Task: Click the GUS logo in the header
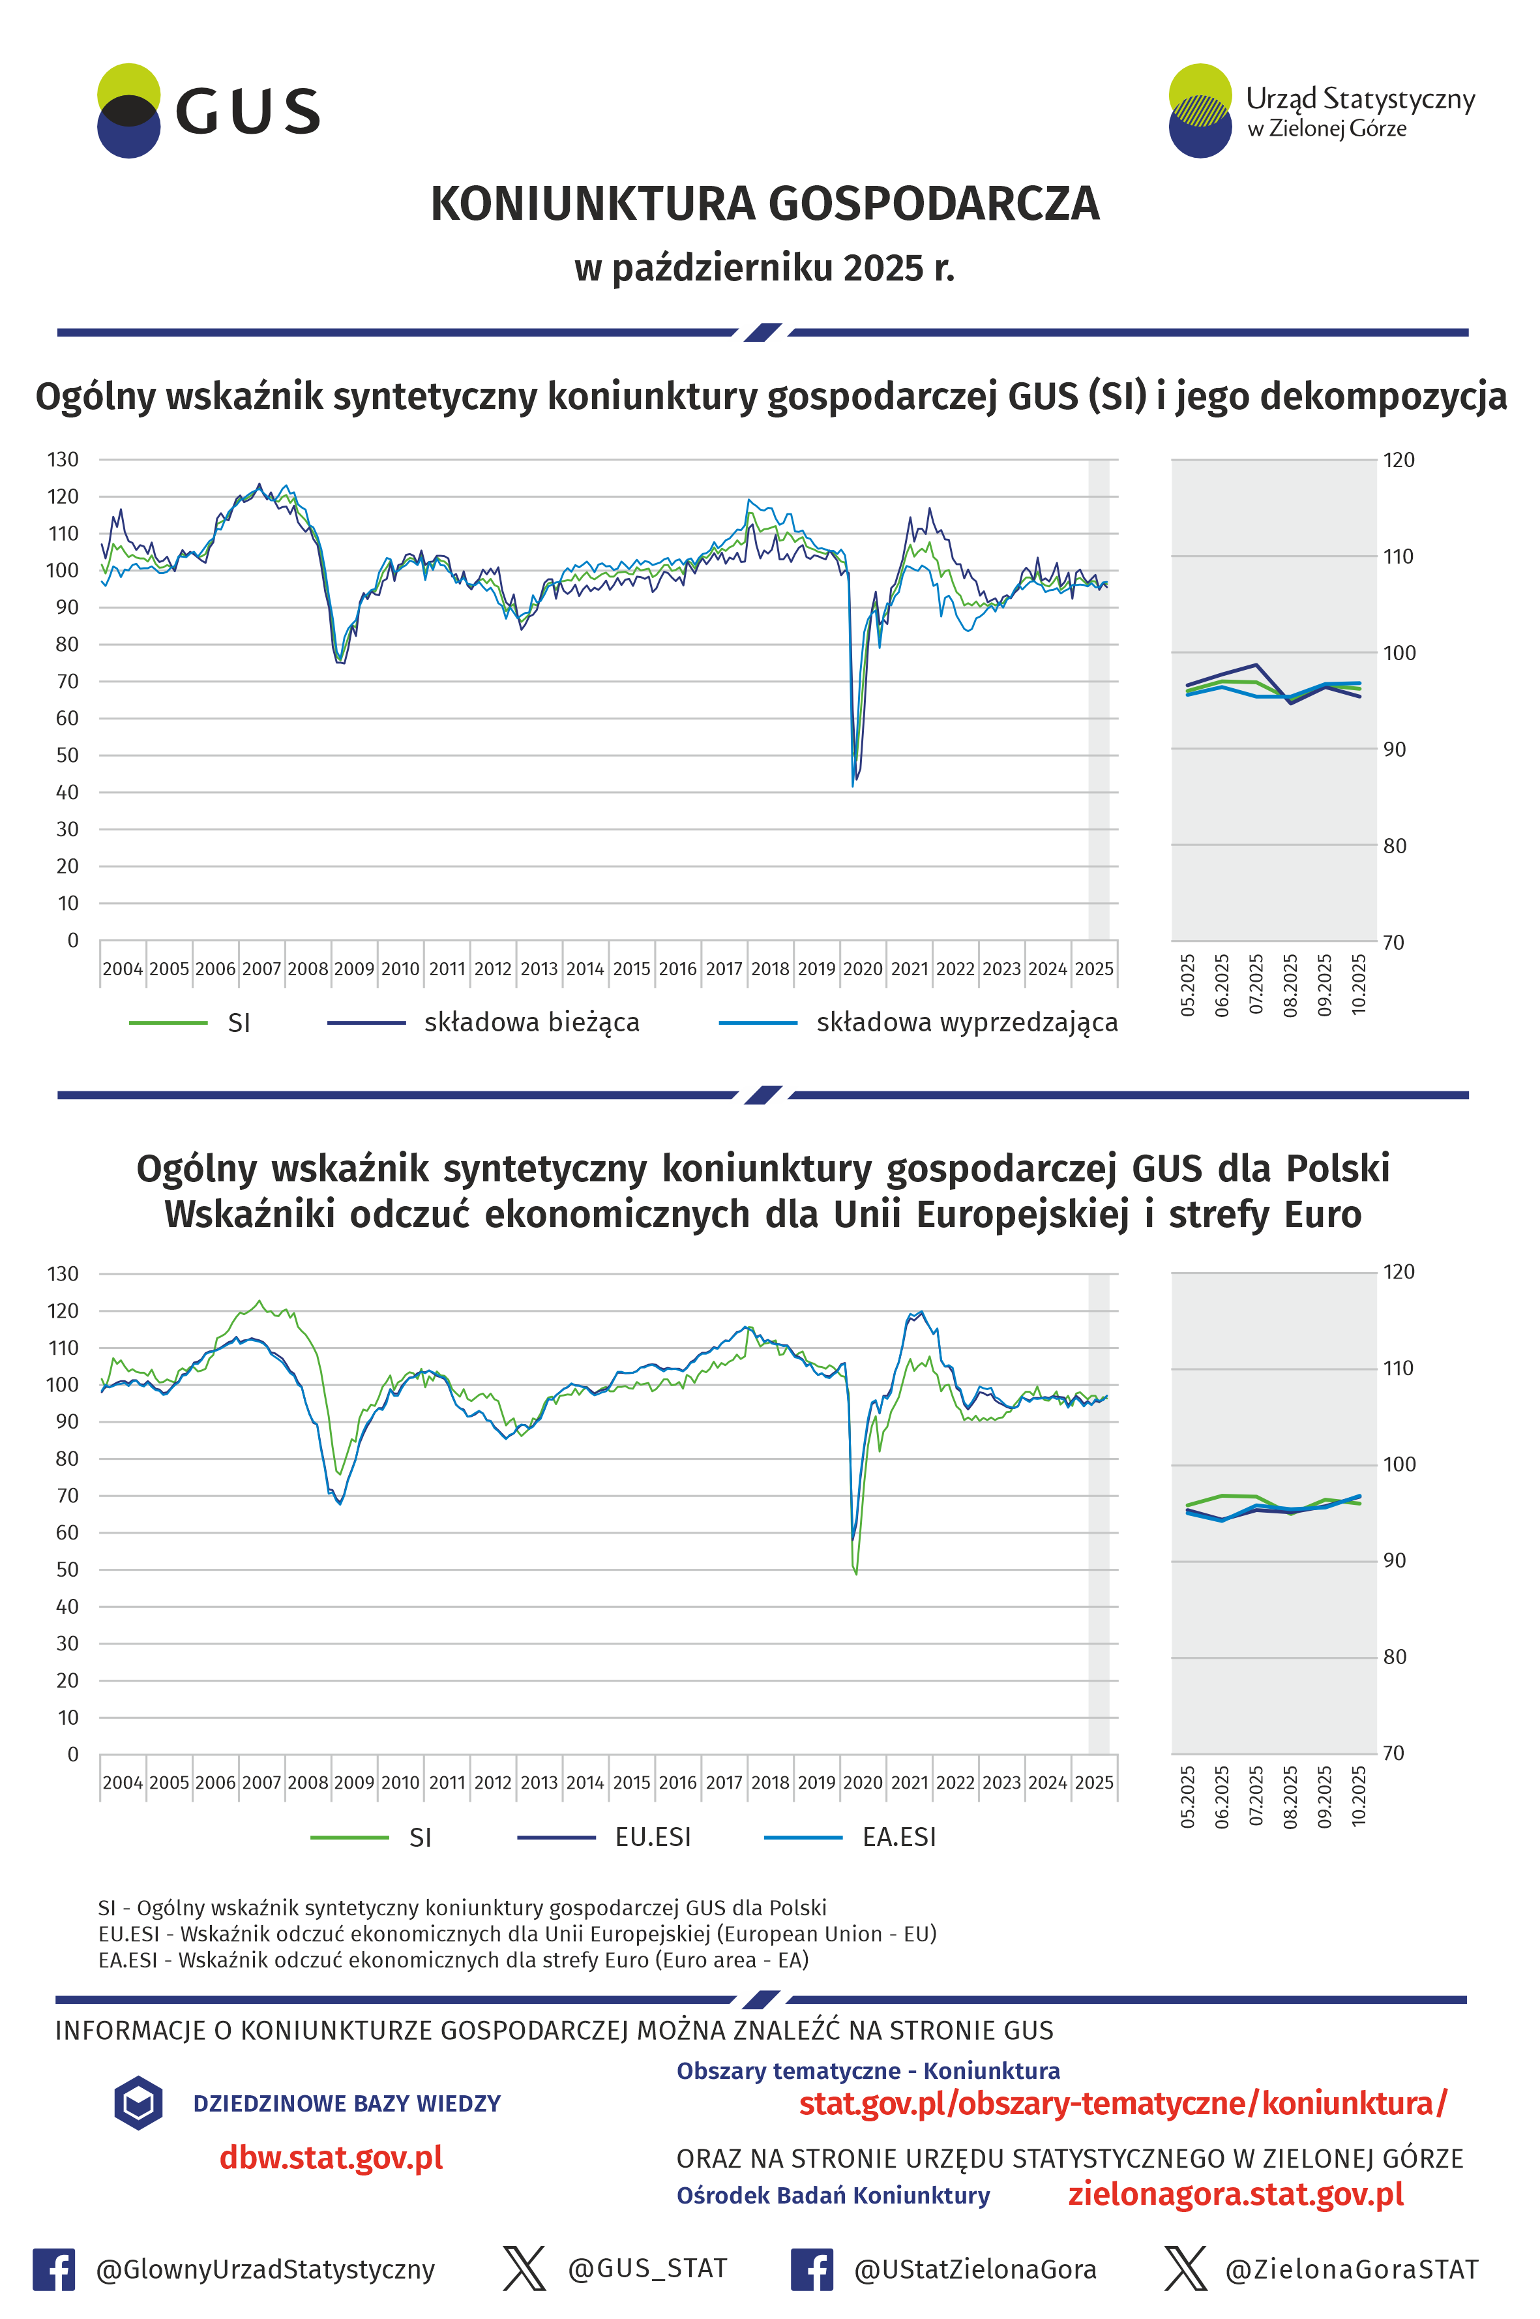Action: pos(208,111)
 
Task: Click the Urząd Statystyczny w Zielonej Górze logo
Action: pos(1320,111)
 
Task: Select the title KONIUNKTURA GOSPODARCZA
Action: pos(764,204)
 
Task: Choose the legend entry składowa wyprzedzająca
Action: pos(966,1023)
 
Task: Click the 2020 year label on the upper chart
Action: pos(863,969)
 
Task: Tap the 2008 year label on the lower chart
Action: pos(307,1783)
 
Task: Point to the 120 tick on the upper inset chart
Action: pos(1399,460)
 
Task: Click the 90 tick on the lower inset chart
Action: pos(1395,1560)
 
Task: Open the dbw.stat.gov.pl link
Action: pos(331,2158)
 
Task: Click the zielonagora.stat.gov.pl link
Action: pos(1236,2194)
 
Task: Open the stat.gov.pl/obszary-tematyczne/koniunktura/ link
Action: pos(1123,2104)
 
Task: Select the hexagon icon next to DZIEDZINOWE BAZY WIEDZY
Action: pos(138,2103)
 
